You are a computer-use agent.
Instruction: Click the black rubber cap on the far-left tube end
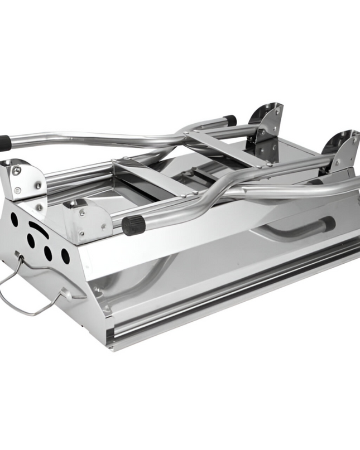4,143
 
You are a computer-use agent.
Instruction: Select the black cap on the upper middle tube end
230,120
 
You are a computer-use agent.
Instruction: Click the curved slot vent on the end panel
38,229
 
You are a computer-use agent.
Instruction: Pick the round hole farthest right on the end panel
65,256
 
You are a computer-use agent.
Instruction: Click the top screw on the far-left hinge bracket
17,171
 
